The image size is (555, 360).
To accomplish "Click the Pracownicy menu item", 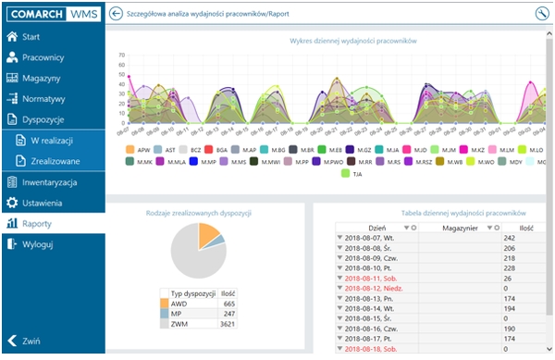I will (43, 57).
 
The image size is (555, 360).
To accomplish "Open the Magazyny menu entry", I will (42, 78).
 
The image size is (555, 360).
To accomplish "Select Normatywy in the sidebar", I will (43, 98).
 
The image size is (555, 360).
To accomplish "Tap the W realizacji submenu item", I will (51, 140).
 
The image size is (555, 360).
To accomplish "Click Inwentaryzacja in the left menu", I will (49, 181).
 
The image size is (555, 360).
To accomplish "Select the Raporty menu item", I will (37, 223).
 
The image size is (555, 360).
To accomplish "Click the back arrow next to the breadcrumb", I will (117, 14).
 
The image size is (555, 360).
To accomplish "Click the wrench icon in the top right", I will (541, 14).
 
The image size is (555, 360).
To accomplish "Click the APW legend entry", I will (138, 149).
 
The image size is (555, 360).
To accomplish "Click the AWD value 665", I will (228, 303).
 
